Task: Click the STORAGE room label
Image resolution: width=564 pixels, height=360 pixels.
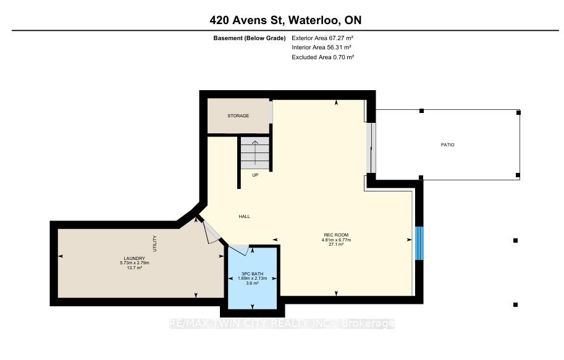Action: click(238, 116)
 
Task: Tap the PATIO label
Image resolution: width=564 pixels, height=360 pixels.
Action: click(447, 145)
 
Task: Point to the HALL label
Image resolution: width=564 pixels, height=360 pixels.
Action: click(244, 217)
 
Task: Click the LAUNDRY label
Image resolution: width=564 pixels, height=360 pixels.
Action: click(134, 258)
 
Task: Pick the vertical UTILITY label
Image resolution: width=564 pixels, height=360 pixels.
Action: click(155, 243)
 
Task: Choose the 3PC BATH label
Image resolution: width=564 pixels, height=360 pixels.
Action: click(252, 274)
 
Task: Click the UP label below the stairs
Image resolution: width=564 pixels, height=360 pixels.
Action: click(255, 175)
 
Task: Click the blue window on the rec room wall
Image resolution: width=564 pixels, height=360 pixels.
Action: click(419, 243)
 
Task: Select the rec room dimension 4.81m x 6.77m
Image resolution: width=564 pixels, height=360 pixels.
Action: click(336, 240)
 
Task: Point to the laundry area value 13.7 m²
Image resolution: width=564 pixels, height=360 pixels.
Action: click(134, 268)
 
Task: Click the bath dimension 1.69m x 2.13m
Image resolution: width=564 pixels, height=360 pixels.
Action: click(252, 278)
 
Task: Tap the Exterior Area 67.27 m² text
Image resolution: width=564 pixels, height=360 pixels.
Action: click(322, 38)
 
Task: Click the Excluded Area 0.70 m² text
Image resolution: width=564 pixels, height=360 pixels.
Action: click(323, 57)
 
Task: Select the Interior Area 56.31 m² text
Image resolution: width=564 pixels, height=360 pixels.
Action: click(322, 48)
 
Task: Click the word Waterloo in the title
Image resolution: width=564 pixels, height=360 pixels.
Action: click(314, 20)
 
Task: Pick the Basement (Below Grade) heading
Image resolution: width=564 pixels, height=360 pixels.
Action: click(250, 38)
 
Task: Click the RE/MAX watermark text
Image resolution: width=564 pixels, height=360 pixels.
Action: click(282, 324)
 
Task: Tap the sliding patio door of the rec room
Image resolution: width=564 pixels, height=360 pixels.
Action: click(372, 148)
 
